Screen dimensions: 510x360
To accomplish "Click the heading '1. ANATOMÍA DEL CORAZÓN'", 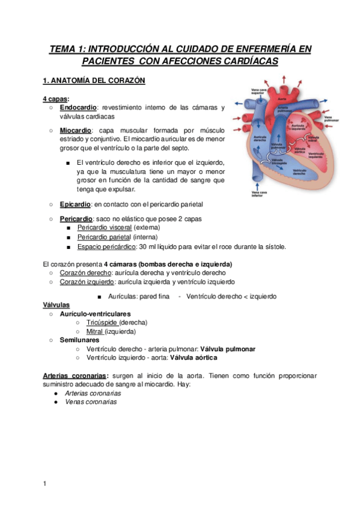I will (x=94, y=81).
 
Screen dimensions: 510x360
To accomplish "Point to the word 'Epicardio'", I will (x=75, y=204).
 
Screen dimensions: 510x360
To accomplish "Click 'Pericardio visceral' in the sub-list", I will (x=105, y=229).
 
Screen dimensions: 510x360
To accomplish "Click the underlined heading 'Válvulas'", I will (x=56, y=305).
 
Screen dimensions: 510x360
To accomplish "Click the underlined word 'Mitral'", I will (x=95, y=331).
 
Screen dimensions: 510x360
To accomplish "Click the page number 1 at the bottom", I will (x=44, y=483).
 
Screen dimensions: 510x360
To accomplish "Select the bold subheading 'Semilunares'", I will (x=79, y=340).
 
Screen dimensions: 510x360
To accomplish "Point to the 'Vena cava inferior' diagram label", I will (x=259, y=194).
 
